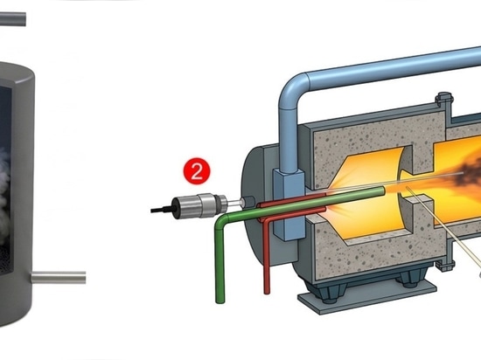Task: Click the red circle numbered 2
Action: point(197,171)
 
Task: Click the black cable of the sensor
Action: point(162,210)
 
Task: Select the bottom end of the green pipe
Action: point(220,301)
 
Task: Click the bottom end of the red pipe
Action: point(267,292)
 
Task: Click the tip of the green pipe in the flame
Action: point(382,191)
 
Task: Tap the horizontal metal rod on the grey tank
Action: point(59,277)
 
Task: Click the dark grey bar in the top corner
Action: point(13,19)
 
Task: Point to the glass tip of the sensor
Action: point(235,203)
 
